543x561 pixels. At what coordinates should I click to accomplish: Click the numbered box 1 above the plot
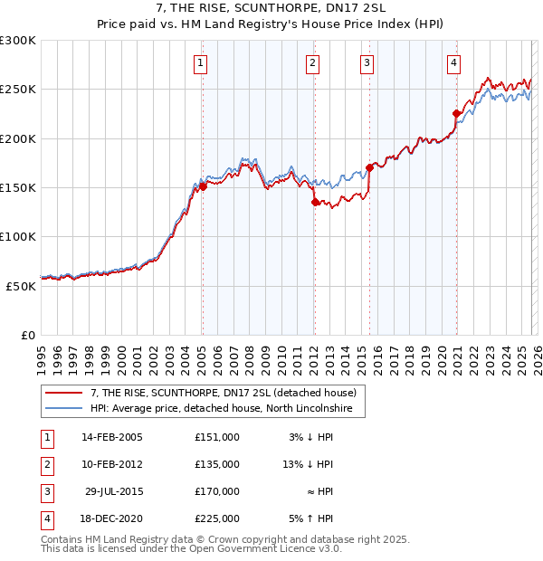(x=200, y=62)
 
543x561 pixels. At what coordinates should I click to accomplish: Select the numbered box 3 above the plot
(x=367, y=62)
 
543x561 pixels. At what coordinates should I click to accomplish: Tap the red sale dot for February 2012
(x=314, y=203)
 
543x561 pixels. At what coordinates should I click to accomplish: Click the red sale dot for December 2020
(x=456, y=114)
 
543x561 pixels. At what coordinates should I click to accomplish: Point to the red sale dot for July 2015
(x=370, y=168)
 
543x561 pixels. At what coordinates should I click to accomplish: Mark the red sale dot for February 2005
(x=203, y=187)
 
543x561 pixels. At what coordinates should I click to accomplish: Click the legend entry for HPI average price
(x=226, y=410)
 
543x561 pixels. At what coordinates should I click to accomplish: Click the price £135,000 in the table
(x=217, y=463)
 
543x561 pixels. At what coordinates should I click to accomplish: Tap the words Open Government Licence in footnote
(x=263, y=548)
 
